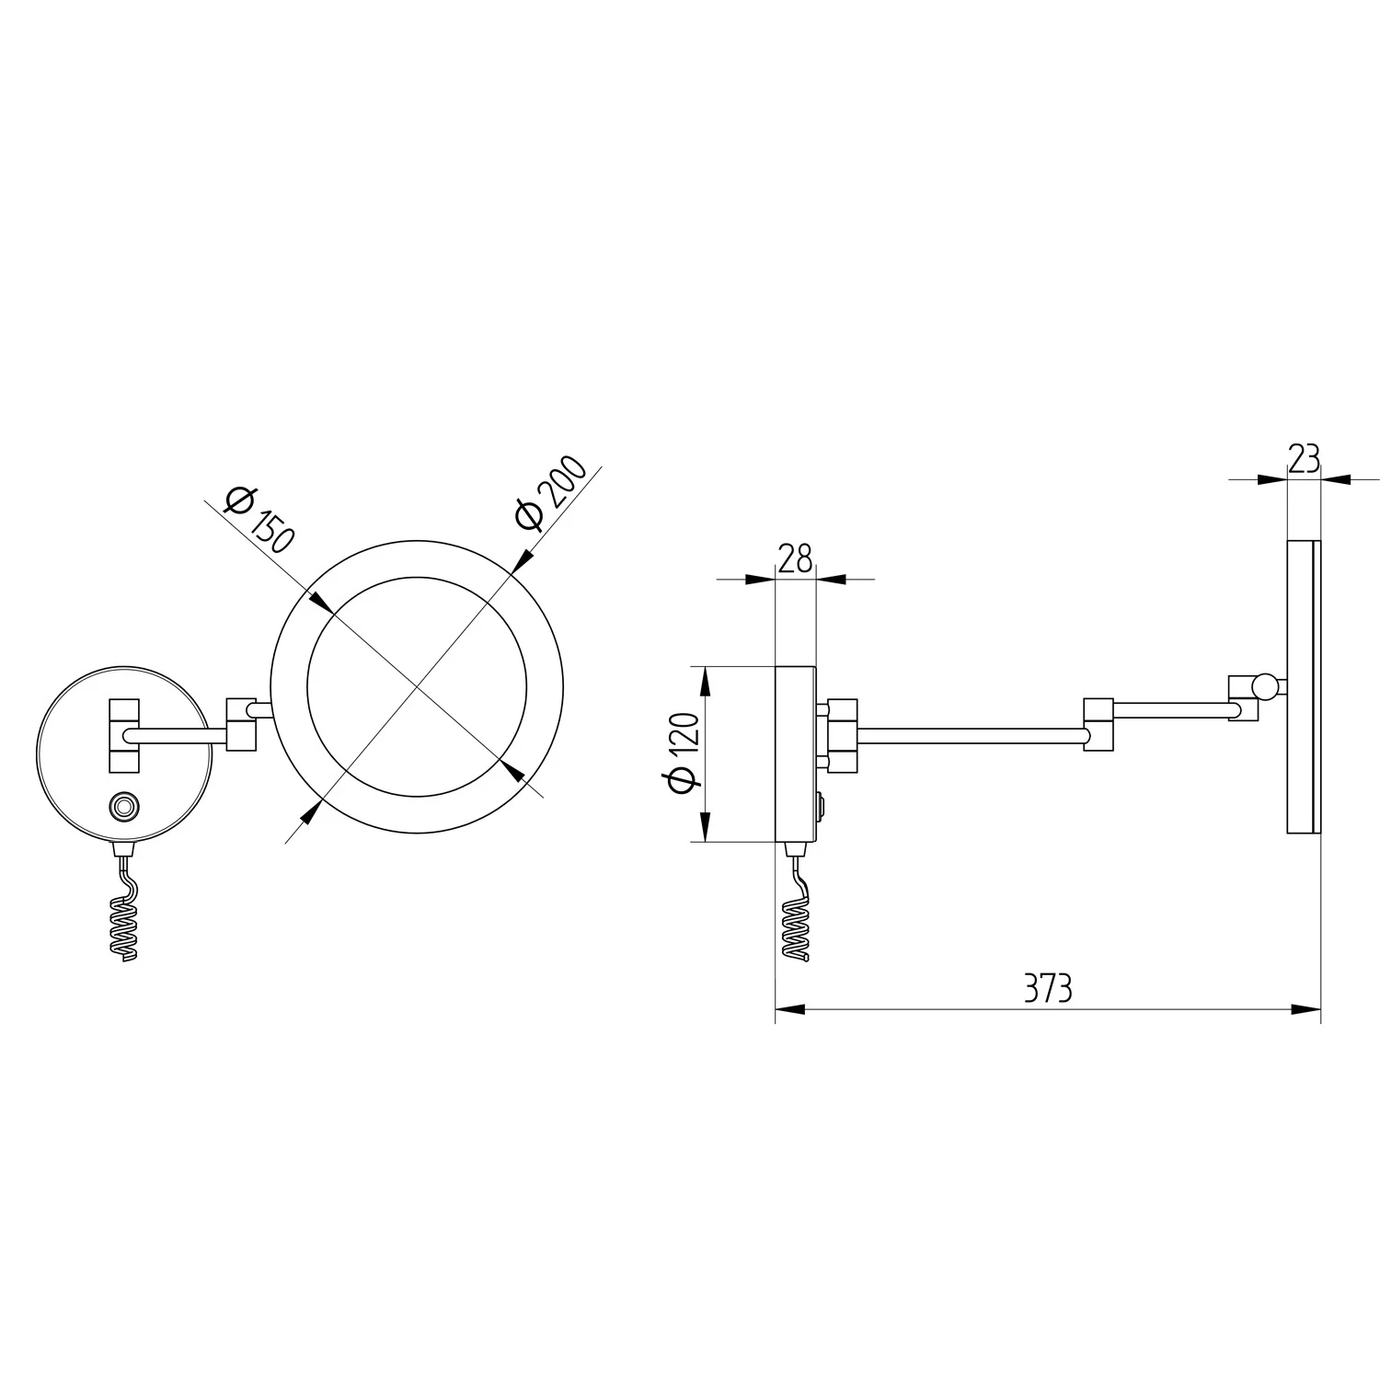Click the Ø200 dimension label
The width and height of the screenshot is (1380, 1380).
click(x=551, y=493)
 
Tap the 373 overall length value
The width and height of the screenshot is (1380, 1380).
click(x=1048, y=989)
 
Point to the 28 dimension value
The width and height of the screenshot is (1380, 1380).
click(x=796, y=558)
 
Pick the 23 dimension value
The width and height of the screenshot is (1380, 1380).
click(x=1304, y=458)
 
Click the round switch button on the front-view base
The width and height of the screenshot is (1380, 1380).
click(x=122, y=807)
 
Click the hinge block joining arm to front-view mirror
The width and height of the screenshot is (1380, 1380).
click(x=241, y=723)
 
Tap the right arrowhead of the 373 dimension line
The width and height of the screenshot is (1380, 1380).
click(x=1307, y=1009)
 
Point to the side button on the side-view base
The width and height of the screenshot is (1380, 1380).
click(x=820, y=808)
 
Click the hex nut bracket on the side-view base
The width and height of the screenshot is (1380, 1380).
click(x=842, y=735)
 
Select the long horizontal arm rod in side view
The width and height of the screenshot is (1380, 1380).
click(x=970, y=735)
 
